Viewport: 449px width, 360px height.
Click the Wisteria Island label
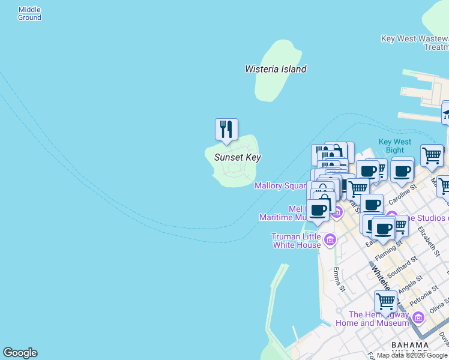[276, 69]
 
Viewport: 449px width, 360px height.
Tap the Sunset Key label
[237, 157]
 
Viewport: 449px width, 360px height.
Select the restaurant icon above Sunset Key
[226, 130]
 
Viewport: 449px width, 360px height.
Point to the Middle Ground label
[29, 14]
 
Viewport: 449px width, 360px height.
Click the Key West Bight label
[395, 146]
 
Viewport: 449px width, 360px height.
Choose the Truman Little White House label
[297, 241]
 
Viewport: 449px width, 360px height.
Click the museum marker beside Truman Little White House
[329, 241]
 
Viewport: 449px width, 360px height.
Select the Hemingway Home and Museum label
[379, 319]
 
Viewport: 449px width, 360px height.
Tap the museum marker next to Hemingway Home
[418, 317]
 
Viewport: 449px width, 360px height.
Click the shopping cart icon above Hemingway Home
[385, 301]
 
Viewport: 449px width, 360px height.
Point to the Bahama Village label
[409, 349]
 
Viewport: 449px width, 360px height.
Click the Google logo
[20, 353]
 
